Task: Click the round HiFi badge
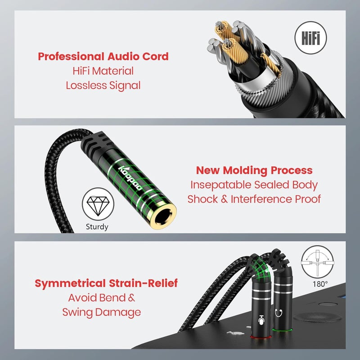click(x=310, y=38)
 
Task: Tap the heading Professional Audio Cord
click(x=103, y=57)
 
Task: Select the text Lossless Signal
click(x=103, y=85)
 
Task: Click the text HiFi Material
click(x=103, y=71)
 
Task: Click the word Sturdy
click(x=97, y=227)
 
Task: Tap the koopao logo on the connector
click(x=130, y=178)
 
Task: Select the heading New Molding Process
click(x=254, y=171)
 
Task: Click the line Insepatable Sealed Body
click(x=254, y=185)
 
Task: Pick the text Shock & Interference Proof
click(x=254, y=199)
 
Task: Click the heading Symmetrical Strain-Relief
click(x=106, y=283)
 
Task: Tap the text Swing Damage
click(x=102, y=312)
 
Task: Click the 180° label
click(x=320, y=284)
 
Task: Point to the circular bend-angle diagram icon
click(x=318, y=262)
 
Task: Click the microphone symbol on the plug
click(x=261, y=320)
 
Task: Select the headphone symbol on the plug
click(x=279, y=313)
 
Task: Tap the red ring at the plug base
click(x=261, y=337)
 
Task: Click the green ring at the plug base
click(x=282, y=330)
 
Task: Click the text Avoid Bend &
click(x=102, y=298)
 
